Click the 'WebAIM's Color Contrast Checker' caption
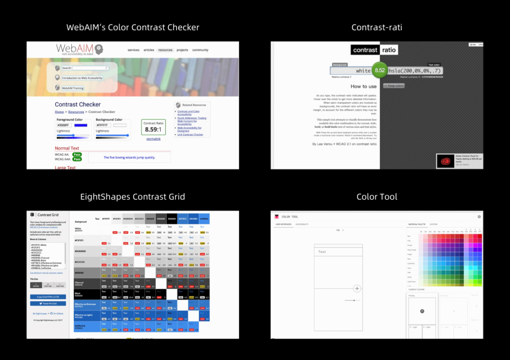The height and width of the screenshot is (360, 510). [x=133, y=27]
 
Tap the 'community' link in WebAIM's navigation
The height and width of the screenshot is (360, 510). [x=200, y=50]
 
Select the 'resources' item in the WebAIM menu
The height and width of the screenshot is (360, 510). [x=165, y=50]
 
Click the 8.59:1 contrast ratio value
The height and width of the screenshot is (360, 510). [x=153, y=129]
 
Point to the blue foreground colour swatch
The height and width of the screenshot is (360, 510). [x=80, y=125]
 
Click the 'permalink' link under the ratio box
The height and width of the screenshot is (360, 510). [x=153, y=139]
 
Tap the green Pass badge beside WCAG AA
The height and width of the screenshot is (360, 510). [x=77, y=154]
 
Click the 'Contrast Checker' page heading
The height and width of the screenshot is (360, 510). [x=77, y=104]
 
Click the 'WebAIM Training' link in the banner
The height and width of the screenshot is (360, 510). [x=72, y=88]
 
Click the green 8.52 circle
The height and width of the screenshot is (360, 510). [x=380, y=71]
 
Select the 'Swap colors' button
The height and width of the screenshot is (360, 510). [x=393, y=86]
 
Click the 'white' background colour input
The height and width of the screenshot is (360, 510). [x=352, y=71]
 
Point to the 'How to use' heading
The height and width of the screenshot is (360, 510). [x=364, y=86]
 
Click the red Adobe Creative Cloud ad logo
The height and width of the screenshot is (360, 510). [x=445, y=161]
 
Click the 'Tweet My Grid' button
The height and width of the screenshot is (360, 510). [x=48, y=303]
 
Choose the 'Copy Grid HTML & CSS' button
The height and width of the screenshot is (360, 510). [x=48, y=297]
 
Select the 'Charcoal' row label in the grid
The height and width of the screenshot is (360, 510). [x=79, y=283]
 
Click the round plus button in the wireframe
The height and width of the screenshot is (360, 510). [x=357, y=288]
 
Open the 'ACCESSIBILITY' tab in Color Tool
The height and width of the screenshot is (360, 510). [x=302, y=224]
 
